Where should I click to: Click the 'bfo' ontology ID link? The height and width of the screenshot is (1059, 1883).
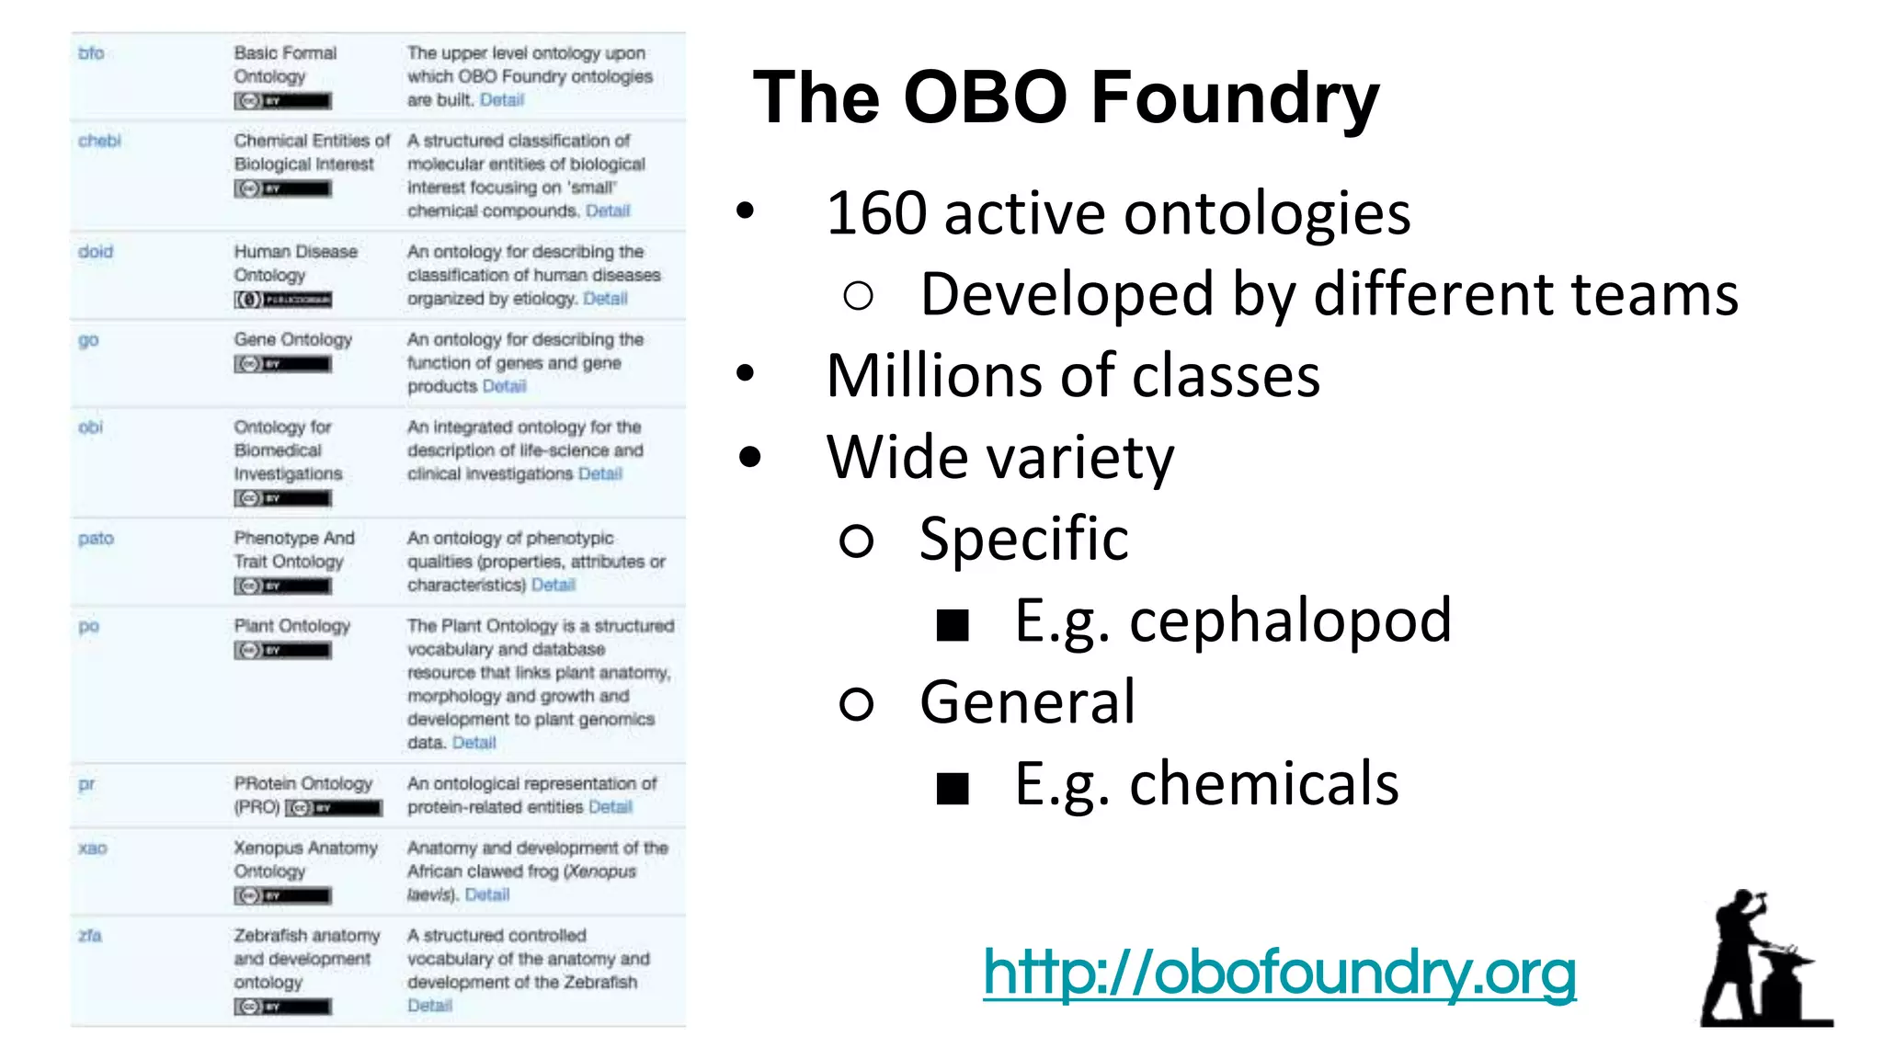coord(91,53)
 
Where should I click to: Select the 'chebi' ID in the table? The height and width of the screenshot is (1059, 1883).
coord(99,141)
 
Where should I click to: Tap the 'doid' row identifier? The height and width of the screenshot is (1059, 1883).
coord(96,252)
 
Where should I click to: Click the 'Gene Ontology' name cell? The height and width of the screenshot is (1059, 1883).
coord(292,339)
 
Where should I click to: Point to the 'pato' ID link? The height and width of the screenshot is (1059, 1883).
coord(96,539)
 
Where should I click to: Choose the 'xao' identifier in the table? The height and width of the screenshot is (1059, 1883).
coord(92,848)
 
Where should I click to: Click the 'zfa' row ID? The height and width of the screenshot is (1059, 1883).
coord(90,936)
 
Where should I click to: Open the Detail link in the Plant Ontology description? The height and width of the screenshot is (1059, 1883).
coord(474,743)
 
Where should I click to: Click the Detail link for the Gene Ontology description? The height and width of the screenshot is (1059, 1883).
coord(504,386)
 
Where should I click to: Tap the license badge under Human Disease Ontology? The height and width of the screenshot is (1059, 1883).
coord(282,300)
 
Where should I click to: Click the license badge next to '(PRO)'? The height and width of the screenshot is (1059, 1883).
coord(333,808)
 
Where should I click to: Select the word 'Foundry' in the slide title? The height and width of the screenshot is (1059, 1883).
coord(1235,97)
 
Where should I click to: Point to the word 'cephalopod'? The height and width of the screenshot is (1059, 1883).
coord(1290,621)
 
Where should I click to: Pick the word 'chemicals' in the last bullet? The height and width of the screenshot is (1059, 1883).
coord(1263,784)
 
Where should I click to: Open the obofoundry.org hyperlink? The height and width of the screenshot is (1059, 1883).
coord(1279,973)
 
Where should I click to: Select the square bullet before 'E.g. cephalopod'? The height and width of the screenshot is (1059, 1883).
coord(953,625)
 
